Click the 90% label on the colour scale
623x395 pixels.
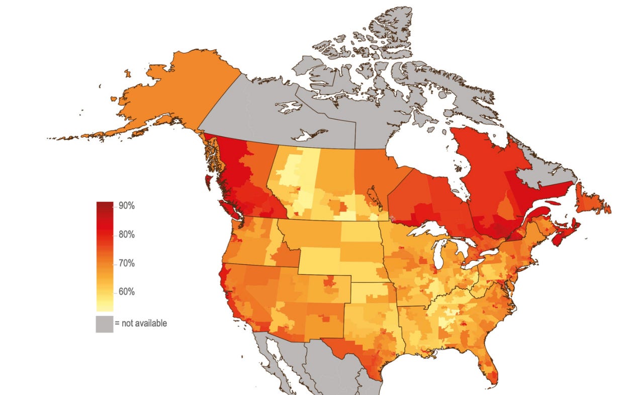127,206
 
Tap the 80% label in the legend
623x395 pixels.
127,235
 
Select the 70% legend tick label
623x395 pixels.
127,263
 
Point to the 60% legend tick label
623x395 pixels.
127,292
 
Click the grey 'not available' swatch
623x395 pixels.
104,324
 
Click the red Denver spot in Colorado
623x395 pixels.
329,281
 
